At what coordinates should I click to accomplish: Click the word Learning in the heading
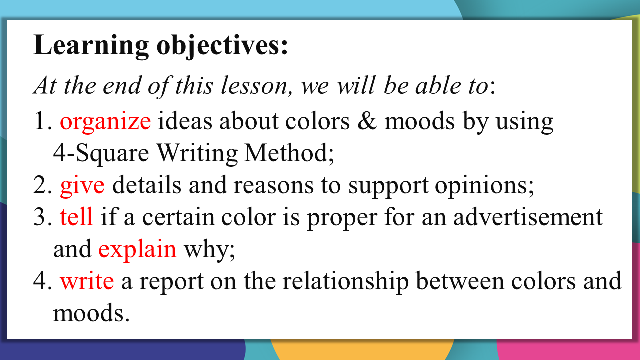91,46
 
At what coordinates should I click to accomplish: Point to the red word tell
76,217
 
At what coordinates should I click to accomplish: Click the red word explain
137,250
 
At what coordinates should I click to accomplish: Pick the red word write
87,281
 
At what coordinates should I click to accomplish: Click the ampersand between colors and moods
367,121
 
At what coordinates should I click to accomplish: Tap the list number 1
43,121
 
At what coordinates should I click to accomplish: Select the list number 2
43,185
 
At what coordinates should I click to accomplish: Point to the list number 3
43,217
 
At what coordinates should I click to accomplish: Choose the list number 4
43,281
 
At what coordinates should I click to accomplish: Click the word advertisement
528,217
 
